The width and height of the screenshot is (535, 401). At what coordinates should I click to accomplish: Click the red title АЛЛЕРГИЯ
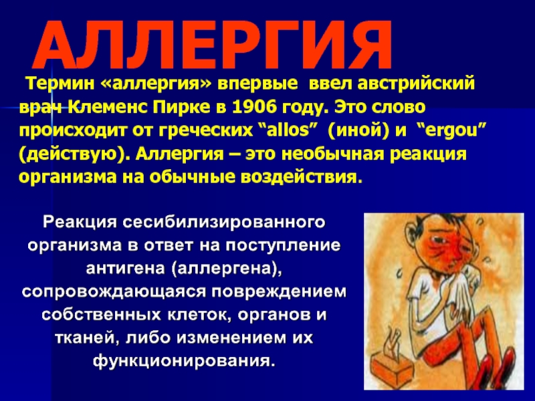[212, 45]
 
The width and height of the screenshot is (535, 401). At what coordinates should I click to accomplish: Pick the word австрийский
[416, 84]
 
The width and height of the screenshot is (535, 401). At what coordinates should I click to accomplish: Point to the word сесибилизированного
[224, 223]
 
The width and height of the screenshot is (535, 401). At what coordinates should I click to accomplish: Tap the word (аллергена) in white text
[225, 269]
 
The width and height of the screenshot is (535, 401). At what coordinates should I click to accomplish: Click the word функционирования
[185, 361]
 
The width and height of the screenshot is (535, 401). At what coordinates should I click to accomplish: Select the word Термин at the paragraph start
[61, 84]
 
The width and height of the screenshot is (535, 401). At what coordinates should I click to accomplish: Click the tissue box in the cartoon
[392, 366]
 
